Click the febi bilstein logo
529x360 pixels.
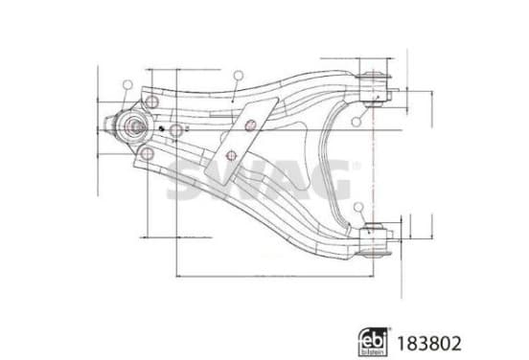point(373,342)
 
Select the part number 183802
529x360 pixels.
point(428,344)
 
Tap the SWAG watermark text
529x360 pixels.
point(260,179)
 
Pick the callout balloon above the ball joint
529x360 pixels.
point(127,85)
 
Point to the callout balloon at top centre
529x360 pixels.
point(239,76)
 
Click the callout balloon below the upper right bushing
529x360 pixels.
point(356,122)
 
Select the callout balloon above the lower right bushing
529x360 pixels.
point(358,208)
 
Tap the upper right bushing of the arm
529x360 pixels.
point(374,89)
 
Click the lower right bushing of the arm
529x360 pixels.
point(374,239)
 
